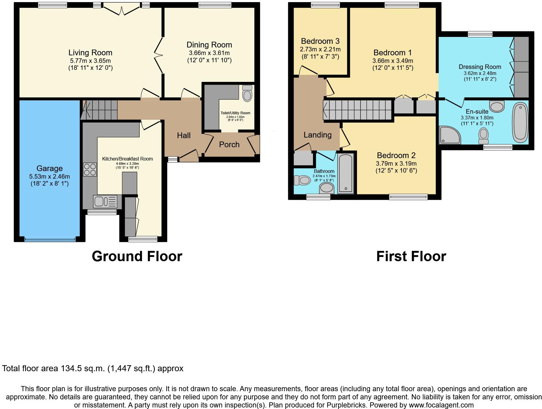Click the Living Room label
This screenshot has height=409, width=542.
[x=90, y=53]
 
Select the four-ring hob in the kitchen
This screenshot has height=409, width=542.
[x=90, y=169]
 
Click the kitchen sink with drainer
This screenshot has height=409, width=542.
[x=105, y=201]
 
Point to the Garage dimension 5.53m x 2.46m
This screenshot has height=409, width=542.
[x=50, y=177]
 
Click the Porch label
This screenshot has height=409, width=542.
[x=229, y=144]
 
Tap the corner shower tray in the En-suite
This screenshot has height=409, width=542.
[x=450, y=135]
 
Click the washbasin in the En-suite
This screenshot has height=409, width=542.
[x=497, y=106]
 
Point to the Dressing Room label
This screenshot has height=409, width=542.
[x=480, y=67]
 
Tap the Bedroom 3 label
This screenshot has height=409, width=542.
[x=320, y=41]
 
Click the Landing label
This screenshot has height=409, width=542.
[x=317, y=135]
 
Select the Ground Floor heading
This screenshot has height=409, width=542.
[x=137, y=256]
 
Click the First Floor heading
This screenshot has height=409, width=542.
[x=411, y=256]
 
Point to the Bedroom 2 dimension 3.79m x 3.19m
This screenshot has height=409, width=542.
[x=396, y=164]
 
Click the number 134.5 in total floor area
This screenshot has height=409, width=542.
[x=71, y=368]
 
